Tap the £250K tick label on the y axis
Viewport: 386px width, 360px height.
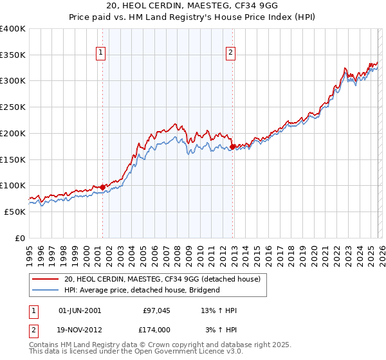coord(13,107)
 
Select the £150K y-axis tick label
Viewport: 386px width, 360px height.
coord(13,159)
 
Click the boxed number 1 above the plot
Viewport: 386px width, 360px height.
coord(102,53)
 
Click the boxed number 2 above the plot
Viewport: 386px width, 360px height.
coord(230,53)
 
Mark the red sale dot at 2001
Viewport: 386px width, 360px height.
coord(102,188)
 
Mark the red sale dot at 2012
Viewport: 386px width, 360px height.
coord(233,147)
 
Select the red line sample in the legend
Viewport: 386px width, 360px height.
coord(46,280)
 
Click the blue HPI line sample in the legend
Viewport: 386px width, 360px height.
coord(46,291)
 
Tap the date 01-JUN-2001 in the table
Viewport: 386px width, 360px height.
coord(79,310)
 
